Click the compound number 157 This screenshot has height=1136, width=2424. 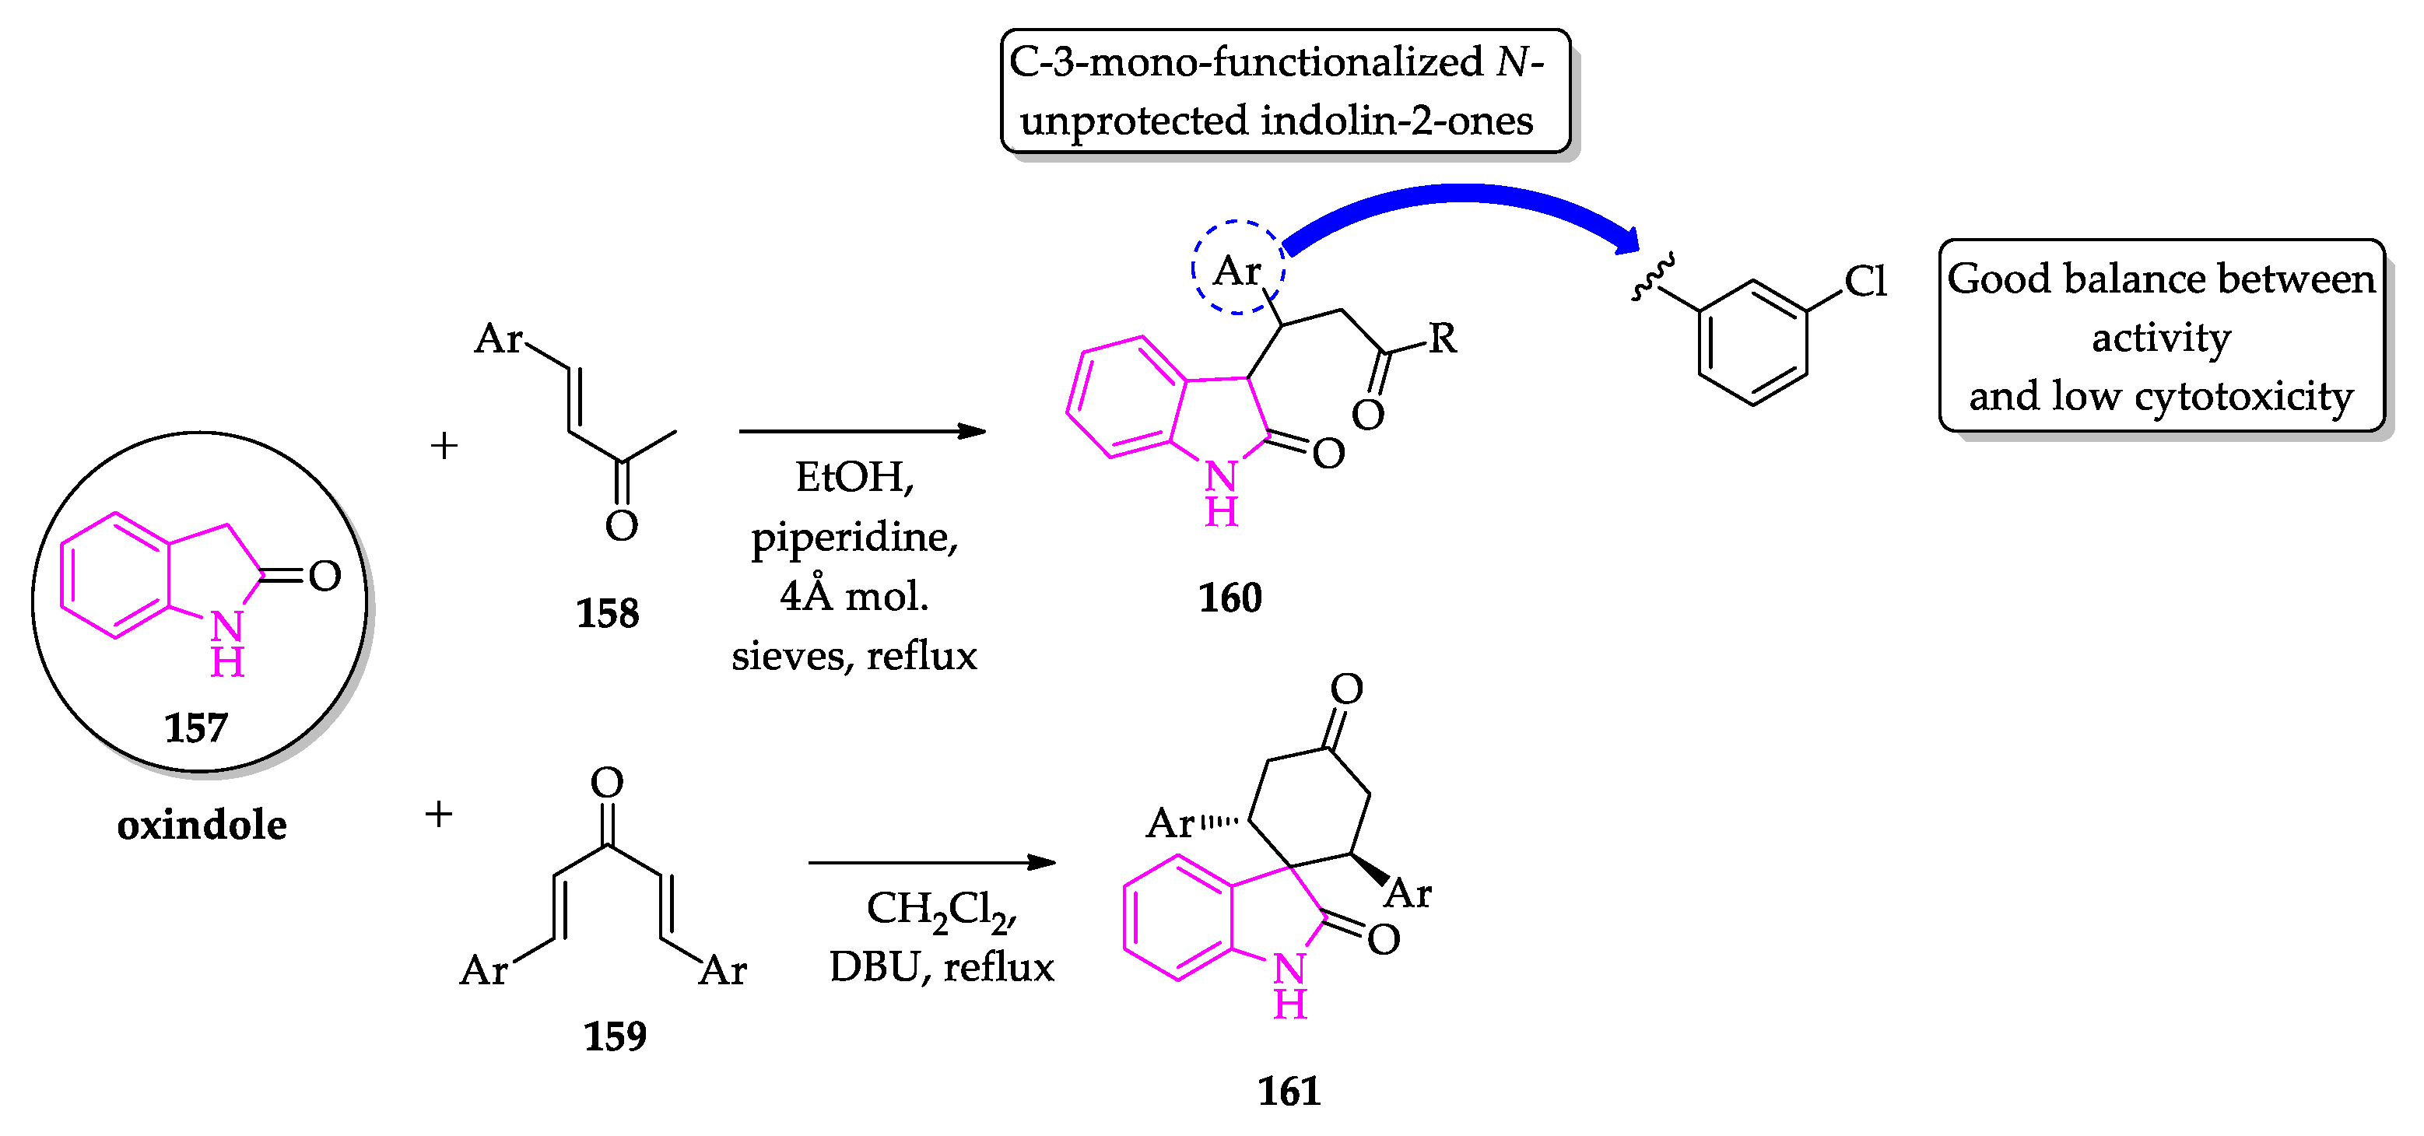[x=196, y=728]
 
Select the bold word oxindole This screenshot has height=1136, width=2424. [x=202, y=826]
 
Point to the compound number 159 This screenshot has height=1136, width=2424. [x=615, y=1036]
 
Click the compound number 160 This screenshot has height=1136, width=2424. [x=1229, y=598]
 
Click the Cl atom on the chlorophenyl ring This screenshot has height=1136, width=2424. [x=1864, y=280]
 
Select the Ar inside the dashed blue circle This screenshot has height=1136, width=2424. [x=1237, y=271]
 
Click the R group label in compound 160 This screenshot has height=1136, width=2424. [x=1443, y=338]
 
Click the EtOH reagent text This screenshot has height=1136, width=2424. [x=853, y=477]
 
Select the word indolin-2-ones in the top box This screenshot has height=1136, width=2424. [x=1397, y=121]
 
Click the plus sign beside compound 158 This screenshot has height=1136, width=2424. [x=444, y=445]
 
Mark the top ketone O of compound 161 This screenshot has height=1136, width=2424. [x=1345, y=689]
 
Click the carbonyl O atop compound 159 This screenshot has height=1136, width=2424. [x=607, y=782]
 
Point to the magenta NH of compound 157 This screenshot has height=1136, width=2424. [x=226, y=643]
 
